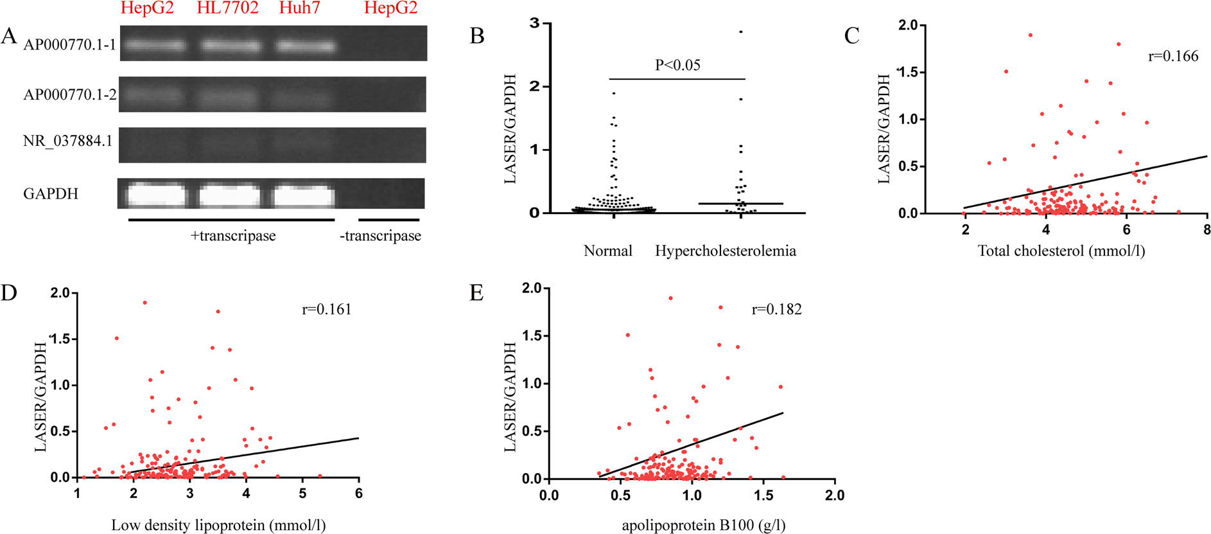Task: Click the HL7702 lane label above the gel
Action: (x=227, y=8)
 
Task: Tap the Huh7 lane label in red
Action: (x=299, y=8)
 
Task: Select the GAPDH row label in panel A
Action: (x=50, y=193)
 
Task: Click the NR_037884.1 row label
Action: (x=67, y=141)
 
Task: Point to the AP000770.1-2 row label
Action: (x=69, y=94)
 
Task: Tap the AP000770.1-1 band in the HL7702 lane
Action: (x=231, y=46)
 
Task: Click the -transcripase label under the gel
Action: (x=380, y=236)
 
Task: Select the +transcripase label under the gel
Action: (x=233, y=236)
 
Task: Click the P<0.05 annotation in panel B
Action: (x=677, y=65)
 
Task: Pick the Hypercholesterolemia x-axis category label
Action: (x=725, y=251)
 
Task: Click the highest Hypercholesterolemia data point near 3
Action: (x=740, y=31)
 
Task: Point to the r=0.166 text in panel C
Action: (x=1173, y=57)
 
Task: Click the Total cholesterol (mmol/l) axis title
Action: (x=1061, y=251)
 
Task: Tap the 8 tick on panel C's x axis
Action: (x=1207, y=230)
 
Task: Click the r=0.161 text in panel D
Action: (x=327, y=310)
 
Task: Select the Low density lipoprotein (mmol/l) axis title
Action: (x=218, y=526)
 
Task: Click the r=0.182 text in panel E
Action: (x=776, y=310)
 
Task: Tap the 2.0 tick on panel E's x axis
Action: (x=834, y=495)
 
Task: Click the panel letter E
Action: (x=476, y=294)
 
